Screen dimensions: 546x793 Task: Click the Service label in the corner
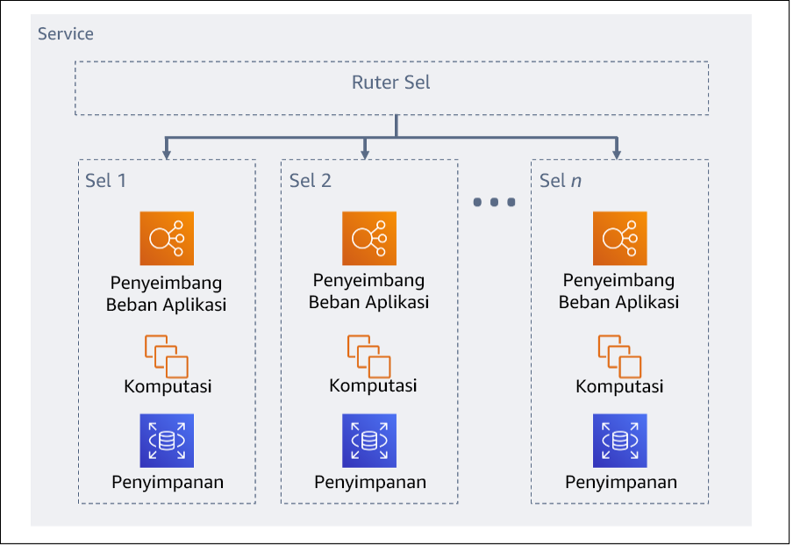[66, 34]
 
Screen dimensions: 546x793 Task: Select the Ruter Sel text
[391, 83]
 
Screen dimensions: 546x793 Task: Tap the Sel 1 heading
[106, 181]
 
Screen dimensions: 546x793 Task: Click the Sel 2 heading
[311, 181]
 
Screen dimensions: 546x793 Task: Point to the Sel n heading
[561, 181]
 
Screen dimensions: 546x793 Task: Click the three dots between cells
[494, 203]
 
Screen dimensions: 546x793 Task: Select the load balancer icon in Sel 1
[167, 238]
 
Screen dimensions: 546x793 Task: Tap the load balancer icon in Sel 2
[368, 238]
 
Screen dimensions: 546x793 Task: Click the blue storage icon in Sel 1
[167, 441]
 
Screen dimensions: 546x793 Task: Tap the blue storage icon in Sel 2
[368, 441]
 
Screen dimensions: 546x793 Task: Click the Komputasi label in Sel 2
[373, 386]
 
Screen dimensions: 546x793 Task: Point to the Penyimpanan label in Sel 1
[168, 482]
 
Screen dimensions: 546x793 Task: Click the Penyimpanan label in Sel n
[621, 482]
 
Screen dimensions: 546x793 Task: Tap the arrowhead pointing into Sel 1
[166, 154]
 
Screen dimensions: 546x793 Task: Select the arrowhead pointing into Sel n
[618, 154]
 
